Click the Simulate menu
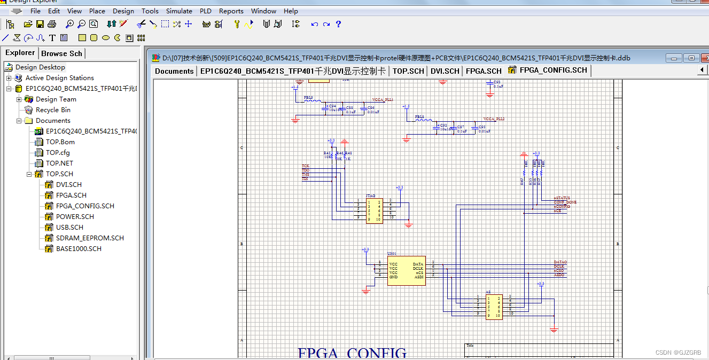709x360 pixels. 179,11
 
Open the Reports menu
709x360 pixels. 231,11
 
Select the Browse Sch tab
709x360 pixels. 61,53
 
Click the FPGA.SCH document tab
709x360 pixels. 483,71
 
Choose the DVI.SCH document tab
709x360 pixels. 445,71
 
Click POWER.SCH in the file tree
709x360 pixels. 75,216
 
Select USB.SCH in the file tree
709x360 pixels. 69,227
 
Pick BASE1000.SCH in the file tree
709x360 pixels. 79,248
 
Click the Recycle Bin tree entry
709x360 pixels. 53,109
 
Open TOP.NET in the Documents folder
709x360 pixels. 59,163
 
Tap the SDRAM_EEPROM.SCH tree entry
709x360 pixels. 90,238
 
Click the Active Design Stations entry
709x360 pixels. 59,77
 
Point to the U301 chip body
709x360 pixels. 406,270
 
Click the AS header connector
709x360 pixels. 494,307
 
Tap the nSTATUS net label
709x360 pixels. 562,198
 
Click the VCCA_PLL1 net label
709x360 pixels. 383,100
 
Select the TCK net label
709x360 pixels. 306,166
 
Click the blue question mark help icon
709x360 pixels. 338,24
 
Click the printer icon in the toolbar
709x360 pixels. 52,24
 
